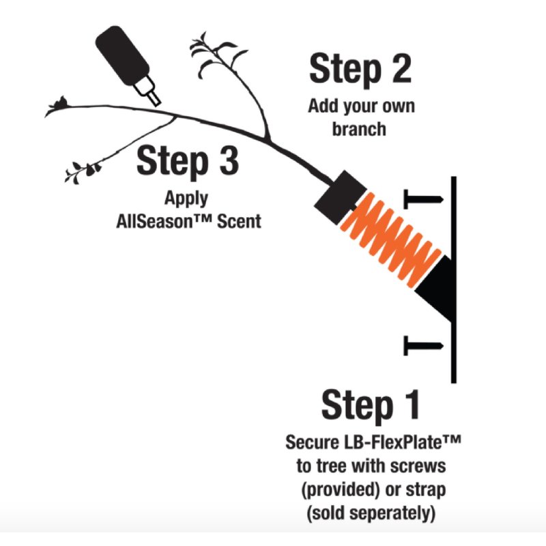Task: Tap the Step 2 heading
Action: pos(360,69)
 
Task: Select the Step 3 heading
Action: pos(188,162)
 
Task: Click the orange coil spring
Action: pos(390,240)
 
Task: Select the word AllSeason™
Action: pos(164,221)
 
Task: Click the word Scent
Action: pos(239,221)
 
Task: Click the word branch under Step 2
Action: pos(359,129)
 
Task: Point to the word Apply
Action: pos(186,199)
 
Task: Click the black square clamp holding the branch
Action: pos(341,197)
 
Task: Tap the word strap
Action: pos(426,490)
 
